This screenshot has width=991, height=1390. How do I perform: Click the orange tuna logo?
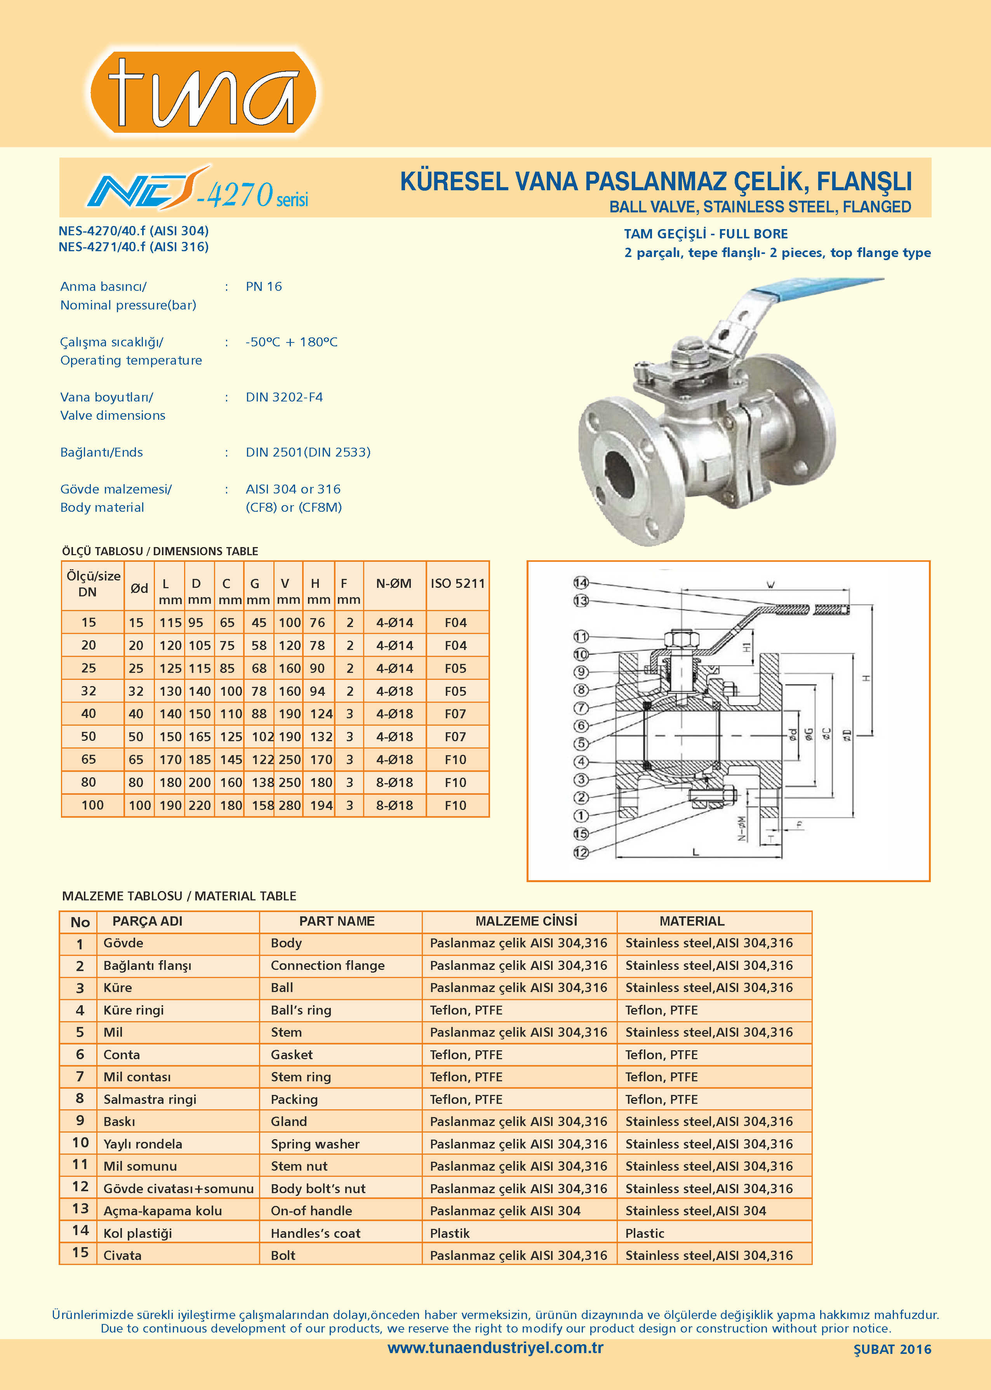pos(203,92)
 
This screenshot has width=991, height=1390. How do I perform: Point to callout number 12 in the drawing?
pos(580,852)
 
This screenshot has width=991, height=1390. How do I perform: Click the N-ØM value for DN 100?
pos(394,805)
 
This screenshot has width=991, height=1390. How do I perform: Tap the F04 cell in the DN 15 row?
pos(455,622)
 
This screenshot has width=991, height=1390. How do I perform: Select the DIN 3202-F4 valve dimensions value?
pos(284,397)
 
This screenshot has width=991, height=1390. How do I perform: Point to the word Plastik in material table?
pos(450,1233)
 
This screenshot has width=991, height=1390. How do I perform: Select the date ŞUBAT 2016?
pos(892,1349)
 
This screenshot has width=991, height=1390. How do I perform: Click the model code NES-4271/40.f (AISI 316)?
pos(134,247)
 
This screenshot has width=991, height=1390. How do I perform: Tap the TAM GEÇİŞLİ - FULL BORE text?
pos(706,234)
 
